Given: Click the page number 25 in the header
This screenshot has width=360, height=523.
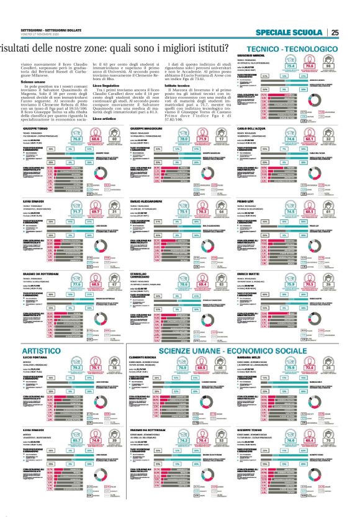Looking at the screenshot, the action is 335,33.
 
